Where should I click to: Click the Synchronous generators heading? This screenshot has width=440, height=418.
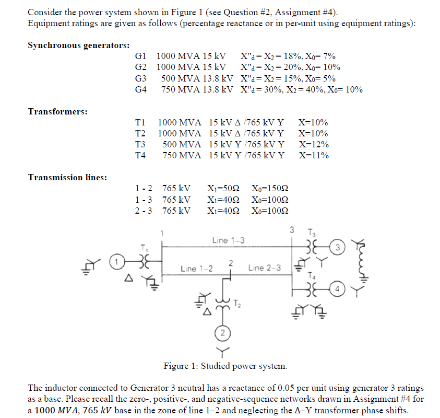[79, 45]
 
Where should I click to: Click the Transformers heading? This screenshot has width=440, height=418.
[57, 111]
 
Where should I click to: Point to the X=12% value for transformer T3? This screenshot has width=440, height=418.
[313, 144]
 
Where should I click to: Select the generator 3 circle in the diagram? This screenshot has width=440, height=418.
[338, 246]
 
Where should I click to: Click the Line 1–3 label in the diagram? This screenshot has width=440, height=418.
[228, 240]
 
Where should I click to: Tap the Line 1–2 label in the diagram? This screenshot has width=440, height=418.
[196, 269]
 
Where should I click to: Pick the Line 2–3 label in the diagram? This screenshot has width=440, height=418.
[265, 268]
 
